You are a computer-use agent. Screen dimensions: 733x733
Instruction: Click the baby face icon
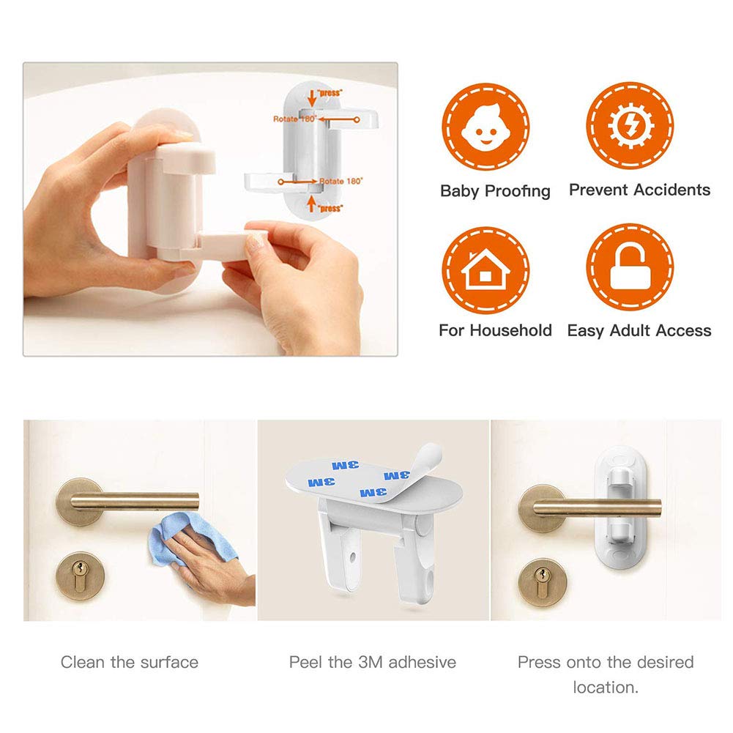click(485, 126)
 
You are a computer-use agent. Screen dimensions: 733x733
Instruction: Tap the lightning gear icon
click(630, 126)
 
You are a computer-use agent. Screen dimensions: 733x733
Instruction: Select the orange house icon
click(485, 268)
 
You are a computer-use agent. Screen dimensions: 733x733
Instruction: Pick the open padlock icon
click(630, 268)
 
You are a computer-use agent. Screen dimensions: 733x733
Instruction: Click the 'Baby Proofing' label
click(495, 191)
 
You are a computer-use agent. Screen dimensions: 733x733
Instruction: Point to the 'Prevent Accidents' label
click(639, 190)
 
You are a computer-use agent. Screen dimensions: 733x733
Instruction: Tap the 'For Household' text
click(495, 330)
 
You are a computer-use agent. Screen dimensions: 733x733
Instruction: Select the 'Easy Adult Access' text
click(639, 331)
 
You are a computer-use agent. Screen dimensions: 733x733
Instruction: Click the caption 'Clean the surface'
click(130, 663)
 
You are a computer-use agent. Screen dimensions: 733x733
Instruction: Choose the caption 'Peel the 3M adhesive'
click(372, 663)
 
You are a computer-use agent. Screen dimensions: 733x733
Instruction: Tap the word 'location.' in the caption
click(605, 688)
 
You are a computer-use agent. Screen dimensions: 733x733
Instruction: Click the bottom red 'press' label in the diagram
click(330, 208)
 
